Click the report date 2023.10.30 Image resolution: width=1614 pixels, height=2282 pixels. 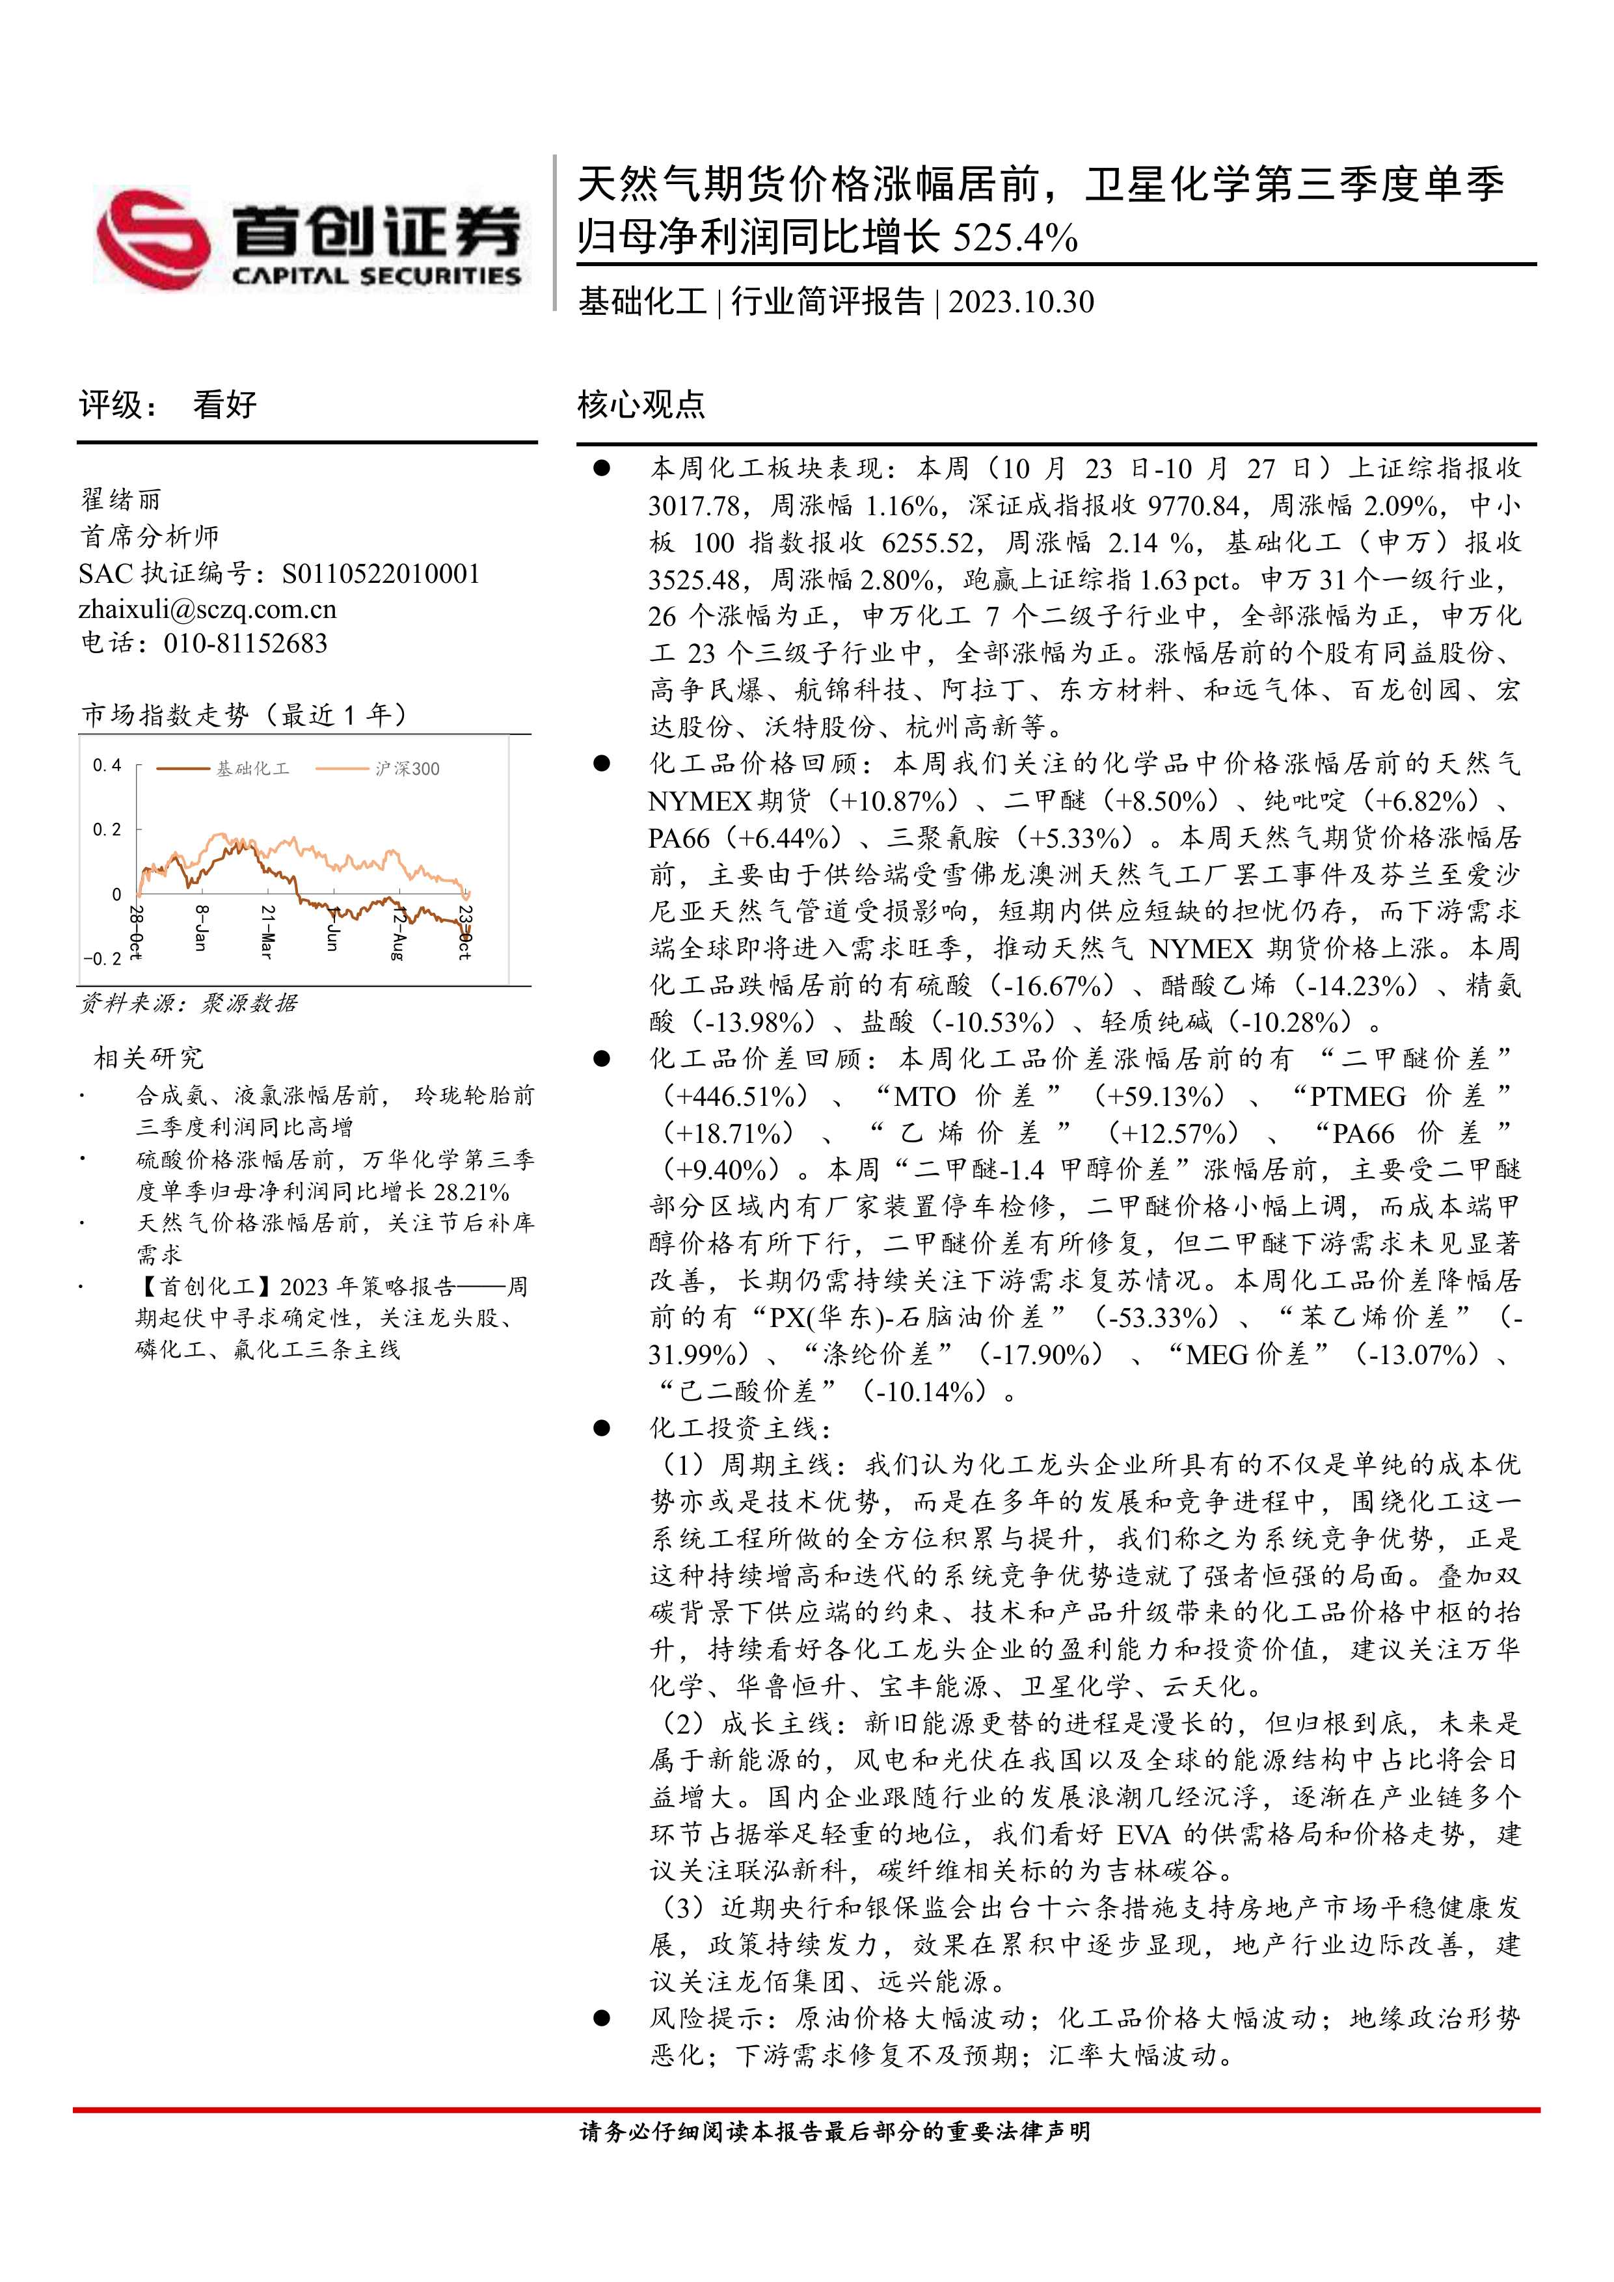click(1021, 302)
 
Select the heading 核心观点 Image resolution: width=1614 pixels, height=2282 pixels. click(641, 405)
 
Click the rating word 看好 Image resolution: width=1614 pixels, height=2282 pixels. click(224, 405)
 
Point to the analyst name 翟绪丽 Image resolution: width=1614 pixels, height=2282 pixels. click(120, 499)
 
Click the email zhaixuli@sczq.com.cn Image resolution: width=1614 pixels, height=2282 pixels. click(208, 608)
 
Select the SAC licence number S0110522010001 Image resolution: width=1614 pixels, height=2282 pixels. click(381, 574)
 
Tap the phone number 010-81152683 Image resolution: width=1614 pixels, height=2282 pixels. click(245, 643)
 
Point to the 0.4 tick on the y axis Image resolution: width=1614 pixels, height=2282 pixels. click(106, 765)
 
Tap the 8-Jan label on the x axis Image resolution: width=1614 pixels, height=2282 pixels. click(202, 928)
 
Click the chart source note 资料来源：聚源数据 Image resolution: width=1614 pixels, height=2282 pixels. click(188, 1003)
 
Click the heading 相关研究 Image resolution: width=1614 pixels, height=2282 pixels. click(148, 1058)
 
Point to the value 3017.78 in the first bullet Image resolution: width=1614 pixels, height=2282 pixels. click(693, 506)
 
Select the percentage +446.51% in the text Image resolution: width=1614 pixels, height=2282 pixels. click(736, 1096)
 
